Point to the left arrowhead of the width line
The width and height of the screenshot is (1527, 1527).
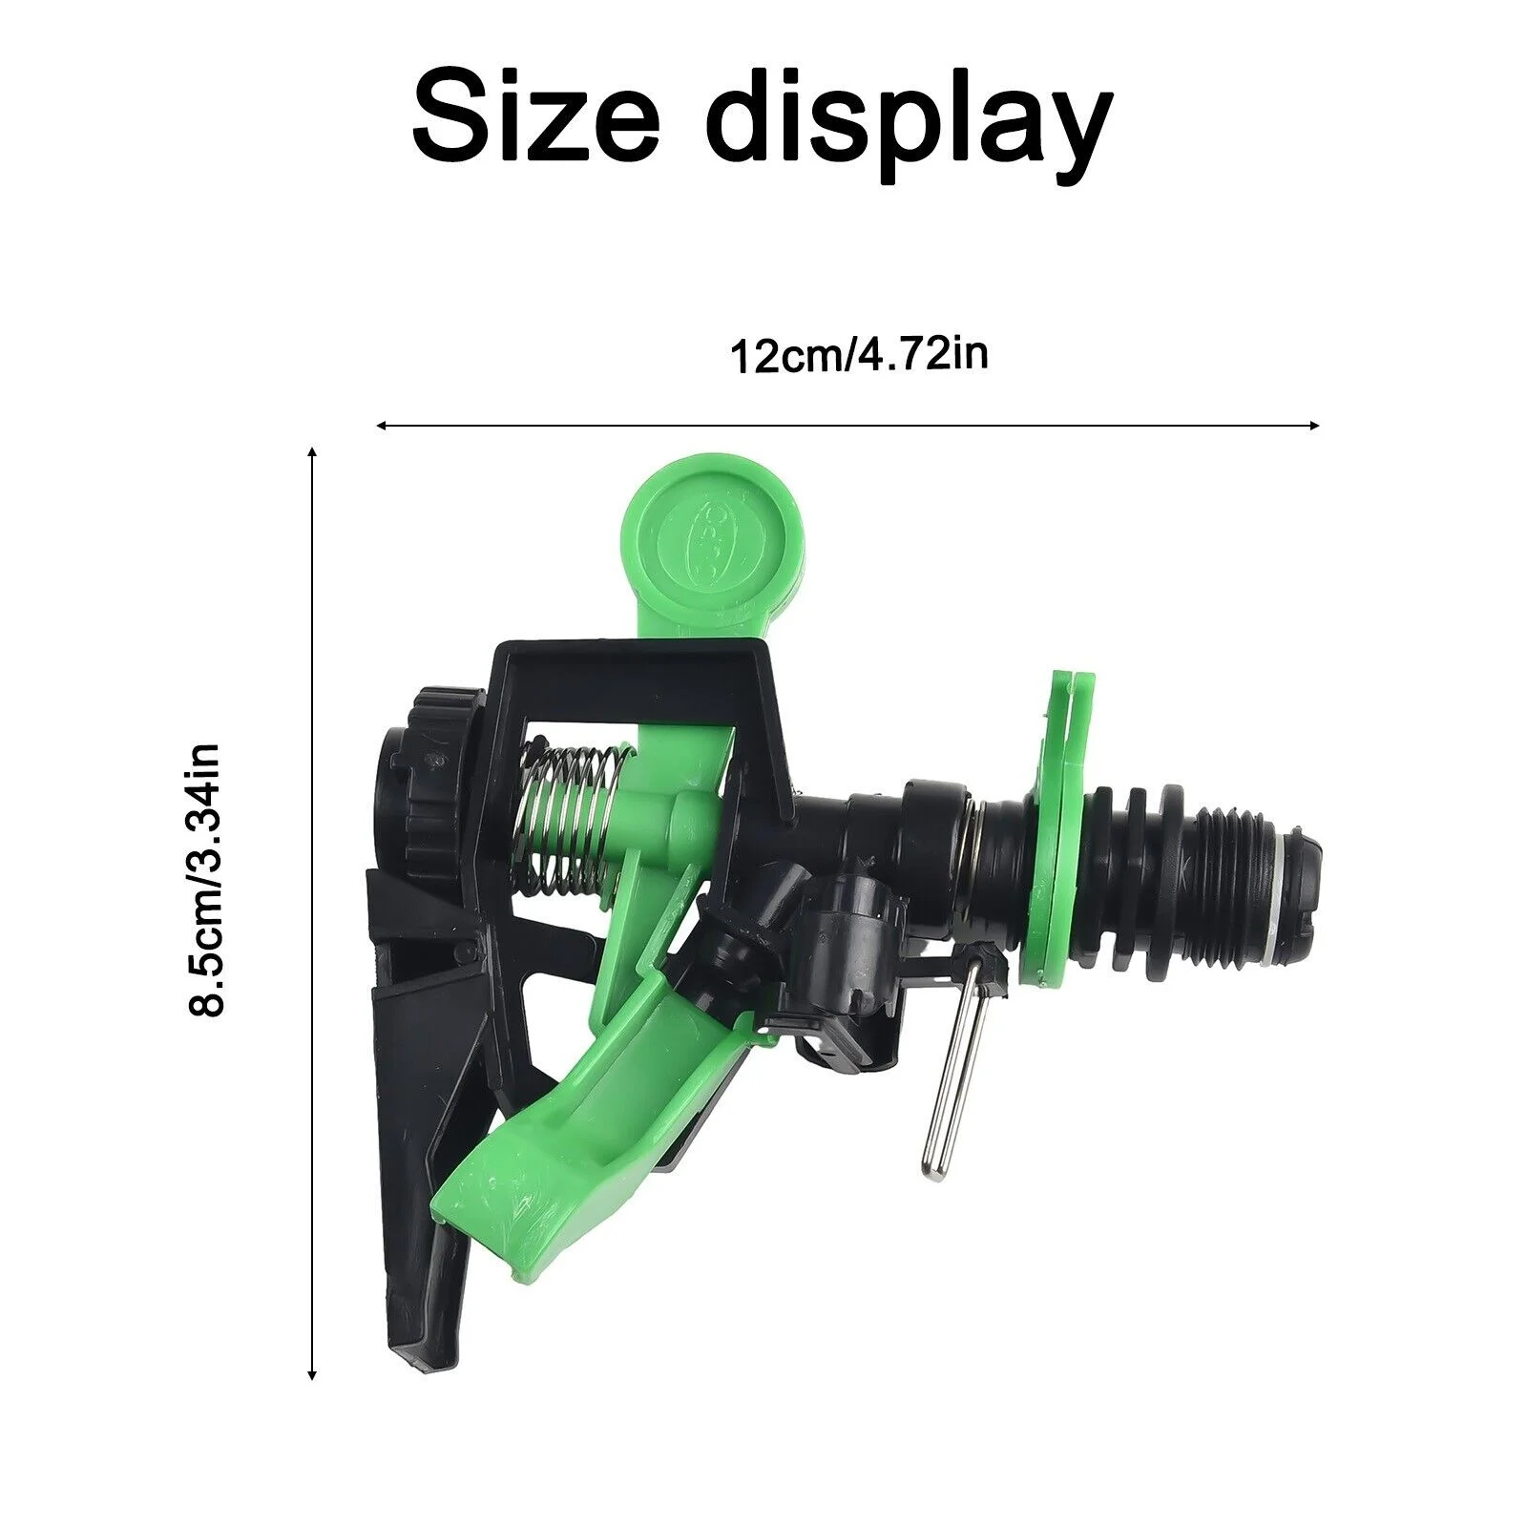(x=381, y=426)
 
